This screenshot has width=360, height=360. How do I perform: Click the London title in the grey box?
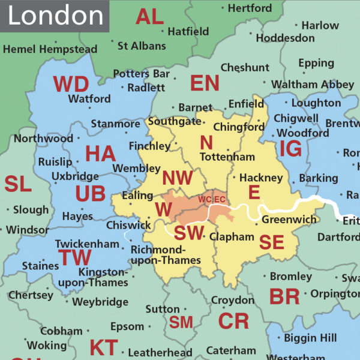55,16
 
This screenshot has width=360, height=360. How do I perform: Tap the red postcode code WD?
71,84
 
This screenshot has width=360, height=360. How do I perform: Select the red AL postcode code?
149,17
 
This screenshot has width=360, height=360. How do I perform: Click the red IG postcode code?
290,148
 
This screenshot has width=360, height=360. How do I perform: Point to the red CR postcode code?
233,321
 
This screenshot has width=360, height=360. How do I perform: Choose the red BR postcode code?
284,296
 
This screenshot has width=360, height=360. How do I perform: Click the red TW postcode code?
75,258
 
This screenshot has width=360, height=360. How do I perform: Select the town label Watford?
89,98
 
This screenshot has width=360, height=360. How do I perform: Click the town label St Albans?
142,46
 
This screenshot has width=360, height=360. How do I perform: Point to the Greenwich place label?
289,220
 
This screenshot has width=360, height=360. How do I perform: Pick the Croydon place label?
233,299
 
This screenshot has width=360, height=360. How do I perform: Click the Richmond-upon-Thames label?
158,255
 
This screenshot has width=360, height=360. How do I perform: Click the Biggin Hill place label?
310,338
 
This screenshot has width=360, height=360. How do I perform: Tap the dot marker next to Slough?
8,210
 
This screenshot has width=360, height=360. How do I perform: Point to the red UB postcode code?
91,193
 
